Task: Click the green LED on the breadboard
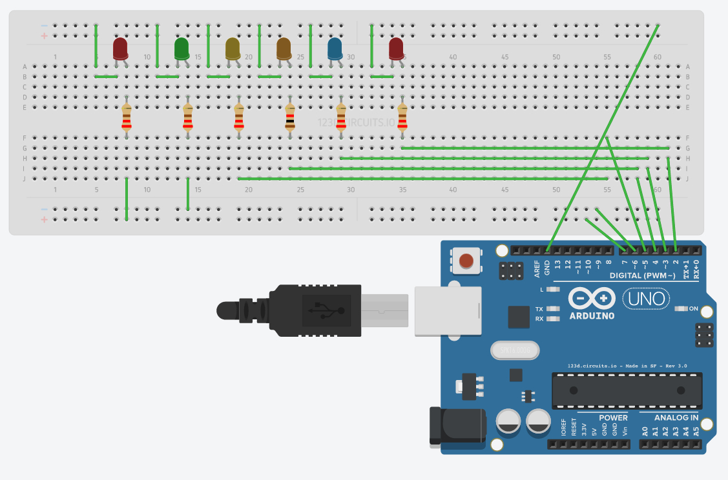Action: tap(182, 48)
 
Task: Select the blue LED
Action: tap(335, 48)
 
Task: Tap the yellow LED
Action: tap(233, 48)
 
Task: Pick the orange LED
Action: tap(284, 48)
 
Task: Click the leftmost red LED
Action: tap(120, 48)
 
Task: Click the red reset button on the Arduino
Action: tap(465, 261)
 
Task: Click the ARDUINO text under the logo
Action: tap(592, 316)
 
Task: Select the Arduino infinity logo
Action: tap(592, 298)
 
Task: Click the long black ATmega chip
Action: tap(627, 390)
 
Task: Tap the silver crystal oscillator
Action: tap(514, 350)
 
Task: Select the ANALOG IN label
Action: tap(676, 417)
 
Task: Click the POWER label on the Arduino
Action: tap(613, 417)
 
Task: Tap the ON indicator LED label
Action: tap(693, 308)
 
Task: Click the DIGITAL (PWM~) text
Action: tap(643, 275)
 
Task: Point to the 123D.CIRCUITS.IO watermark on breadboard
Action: tap(356, 122)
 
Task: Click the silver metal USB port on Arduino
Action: tap(448, 310)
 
